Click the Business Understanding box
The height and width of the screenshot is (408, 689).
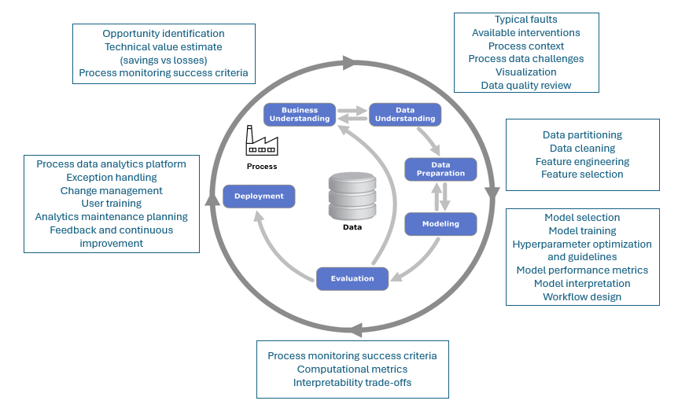pos(300,115)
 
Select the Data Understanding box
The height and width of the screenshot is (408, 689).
pos(405,115)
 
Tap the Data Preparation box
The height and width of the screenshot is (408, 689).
pos(440,170)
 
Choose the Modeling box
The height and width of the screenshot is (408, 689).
pos(440,224)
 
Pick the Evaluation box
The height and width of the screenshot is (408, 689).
pos(352,279)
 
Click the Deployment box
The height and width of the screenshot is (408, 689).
pos(259,197)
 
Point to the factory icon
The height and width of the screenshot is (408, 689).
pos(262,141)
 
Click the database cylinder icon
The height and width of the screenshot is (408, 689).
pos(352,196)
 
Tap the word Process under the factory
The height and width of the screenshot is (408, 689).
pos(262,167)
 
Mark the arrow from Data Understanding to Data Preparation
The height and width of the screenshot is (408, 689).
pos(429,141)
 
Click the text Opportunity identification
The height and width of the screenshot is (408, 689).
pos(164,33)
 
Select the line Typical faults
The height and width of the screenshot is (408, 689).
pos(526,20)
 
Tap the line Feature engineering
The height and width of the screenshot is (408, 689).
pos(582,162)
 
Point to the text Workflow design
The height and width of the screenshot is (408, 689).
pos(582,297)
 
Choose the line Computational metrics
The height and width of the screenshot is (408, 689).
pos(352,369)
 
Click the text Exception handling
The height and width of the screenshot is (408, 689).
pos(112,178)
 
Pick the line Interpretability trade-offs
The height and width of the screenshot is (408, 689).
pos(352,383)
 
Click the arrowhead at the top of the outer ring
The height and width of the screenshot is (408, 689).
pos(349,63)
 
